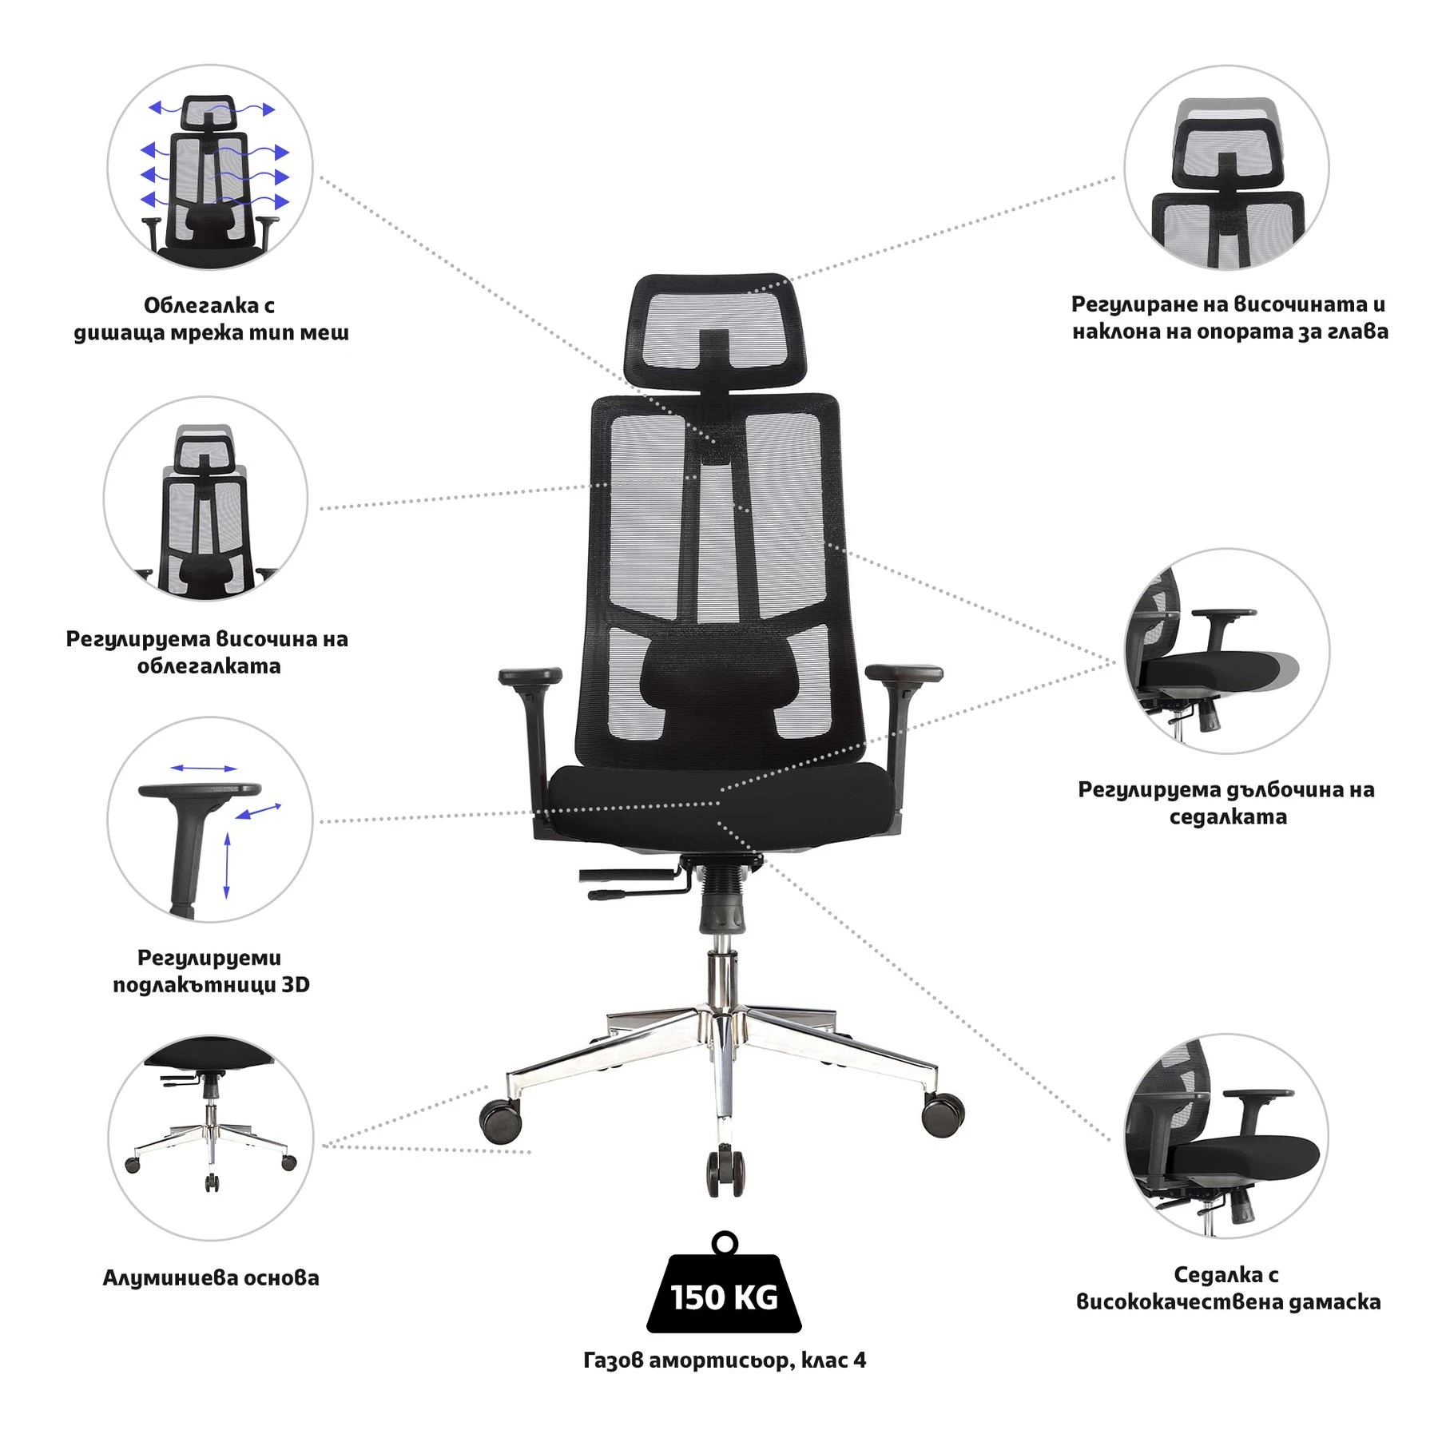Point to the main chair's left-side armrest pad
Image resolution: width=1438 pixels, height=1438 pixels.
(x=530, y=676)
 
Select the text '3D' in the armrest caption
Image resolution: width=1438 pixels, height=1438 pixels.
(x=295, y=984)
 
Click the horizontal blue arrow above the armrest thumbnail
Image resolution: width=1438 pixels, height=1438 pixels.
(x=204, y=768)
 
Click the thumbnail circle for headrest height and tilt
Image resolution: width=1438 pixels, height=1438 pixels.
(x=1226, y=169)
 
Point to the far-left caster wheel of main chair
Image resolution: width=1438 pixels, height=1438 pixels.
(x=501, y=1119)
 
